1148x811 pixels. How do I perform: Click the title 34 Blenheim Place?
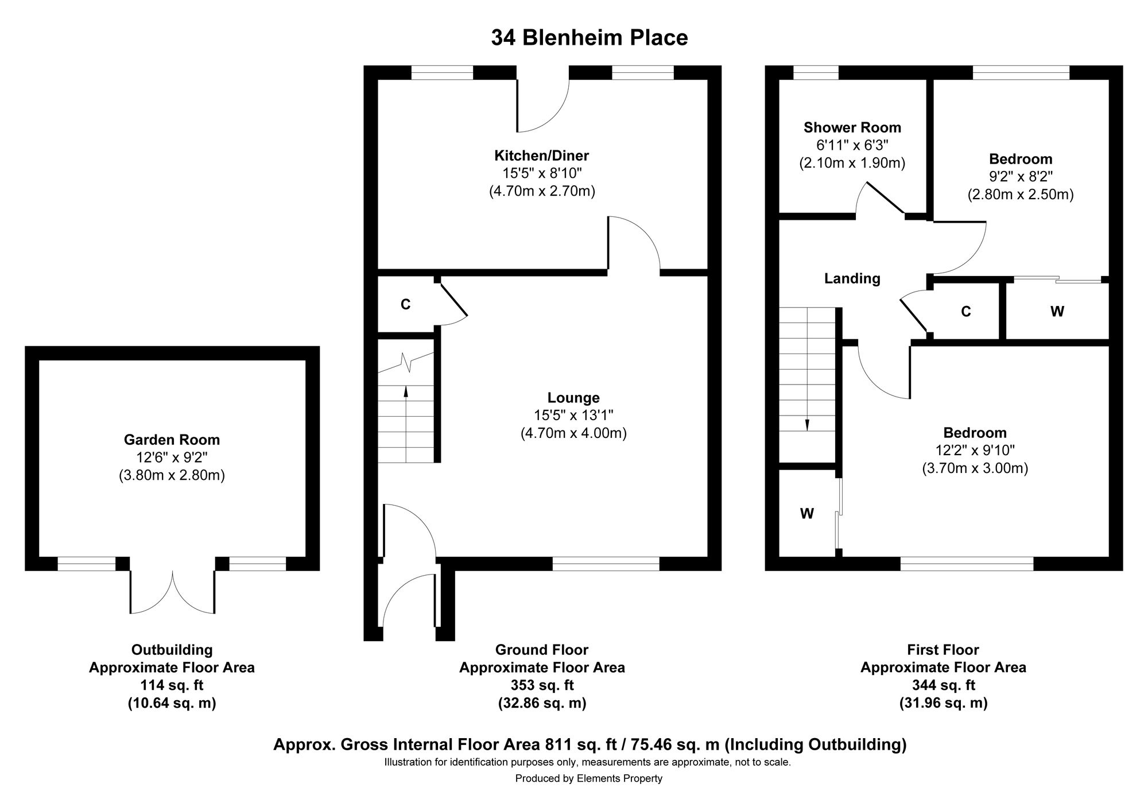pyautogui.click(x=589, y=38)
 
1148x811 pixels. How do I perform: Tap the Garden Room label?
pyautogui.click(x=172, y=440)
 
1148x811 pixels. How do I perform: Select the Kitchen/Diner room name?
pyautogui.click(x=542, y=156)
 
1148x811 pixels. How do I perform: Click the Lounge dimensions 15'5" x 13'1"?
pyautogui.click(x=573, y=415)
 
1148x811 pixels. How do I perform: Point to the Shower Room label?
pyautogui.click(x=852, y=127)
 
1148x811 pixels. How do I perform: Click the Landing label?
pyautogui.click(x=852, y=279)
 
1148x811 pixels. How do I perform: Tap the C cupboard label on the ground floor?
pyautogui.click(x=405, y=305)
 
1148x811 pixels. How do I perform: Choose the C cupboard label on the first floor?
pyautogui.click(x=966, y=312)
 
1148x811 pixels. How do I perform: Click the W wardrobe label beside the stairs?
pyautogui.click(x=807, y=514)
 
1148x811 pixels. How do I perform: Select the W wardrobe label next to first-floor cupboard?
pyautogui.click(x=1057, y=312)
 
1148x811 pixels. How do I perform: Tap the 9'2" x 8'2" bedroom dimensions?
pyautogui.click(x=1021, y=177)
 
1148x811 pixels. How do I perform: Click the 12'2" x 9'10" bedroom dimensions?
pyautogui.click(x=975, y=451)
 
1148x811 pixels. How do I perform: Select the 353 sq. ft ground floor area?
pyautogui.click(x=542, y=685)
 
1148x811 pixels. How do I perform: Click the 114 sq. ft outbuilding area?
pyautogui.click(x=172, y=685)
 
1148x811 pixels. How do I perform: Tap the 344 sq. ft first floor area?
pyautogui.click(x=943, y=685)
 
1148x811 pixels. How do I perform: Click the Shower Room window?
pyautogui.click(x=816, y=72)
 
